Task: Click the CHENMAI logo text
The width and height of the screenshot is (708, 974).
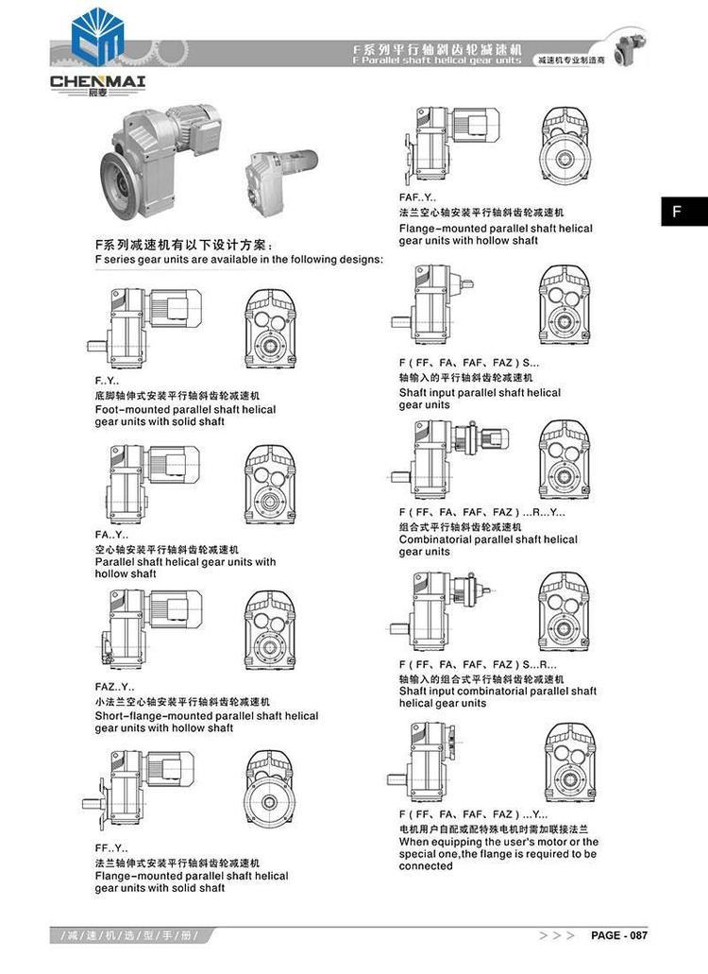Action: tap(97, 81)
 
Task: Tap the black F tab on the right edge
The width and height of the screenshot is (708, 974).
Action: tap(676, 211)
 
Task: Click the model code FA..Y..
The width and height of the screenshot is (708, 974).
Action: tap(111, 536)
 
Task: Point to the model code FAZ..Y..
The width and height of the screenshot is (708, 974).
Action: tap(114, 687)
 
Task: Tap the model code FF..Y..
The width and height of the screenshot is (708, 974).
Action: tap(110, 848)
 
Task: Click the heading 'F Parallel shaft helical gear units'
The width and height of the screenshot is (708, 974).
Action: tap(435, 60)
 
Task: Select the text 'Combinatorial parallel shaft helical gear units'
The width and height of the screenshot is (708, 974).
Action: tap(487, 545)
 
